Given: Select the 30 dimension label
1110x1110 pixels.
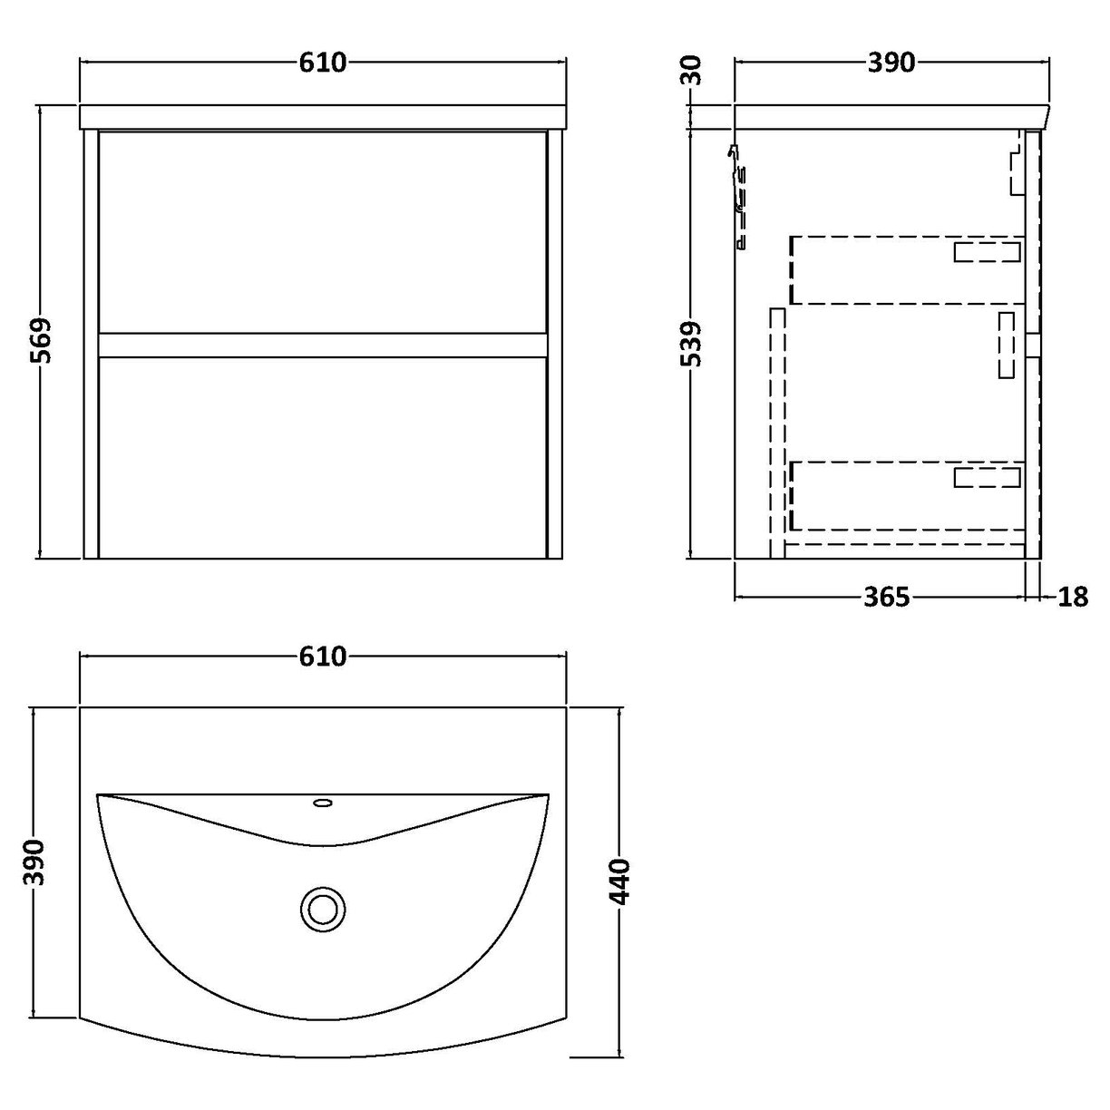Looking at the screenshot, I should point(690,70).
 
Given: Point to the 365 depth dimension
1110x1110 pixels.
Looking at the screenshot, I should point(885,597).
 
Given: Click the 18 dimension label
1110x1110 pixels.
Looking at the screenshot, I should point(1073,597).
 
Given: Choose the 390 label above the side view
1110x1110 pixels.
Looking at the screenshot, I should point(891,63).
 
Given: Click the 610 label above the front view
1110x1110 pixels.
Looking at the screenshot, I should point(322,63).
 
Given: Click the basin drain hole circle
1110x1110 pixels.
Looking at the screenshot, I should point(322,907).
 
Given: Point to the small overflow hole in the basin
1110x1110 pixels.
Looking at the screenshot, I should point(323,802).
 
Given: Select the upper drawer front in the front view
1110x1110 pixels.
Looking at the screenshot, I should point(322,231).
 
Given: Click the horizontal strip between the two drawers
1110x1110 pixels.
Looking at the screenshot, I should point(322,344).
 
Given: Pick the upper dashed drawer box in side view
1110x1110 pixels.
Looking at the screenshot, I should point(907,269).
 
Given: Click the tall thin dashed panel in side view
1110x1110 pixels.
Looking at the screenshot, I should point(776,431).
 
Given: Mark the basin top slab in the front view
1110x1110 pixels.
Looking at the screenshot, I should point(322,117).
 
